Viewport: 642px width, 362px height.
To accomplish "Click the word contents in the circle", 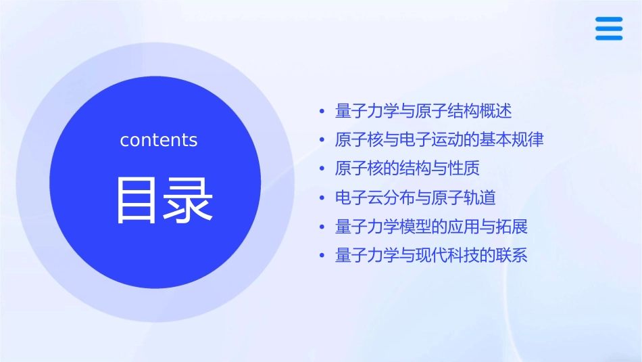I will coord(159,140).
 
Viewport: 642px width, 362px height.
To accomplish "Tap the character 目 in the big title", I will coord(136,200).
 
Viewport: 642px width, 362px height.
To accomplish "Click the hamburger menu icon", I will coord(608,29).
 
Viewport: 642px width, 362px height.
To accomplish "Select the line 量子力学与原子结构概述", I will coord(423,111).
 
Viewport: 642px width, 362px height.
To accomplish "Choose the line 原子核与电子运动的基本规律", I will coord(439,140).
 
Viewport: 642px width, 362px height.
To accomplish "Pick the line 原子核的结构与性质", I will coord(407,168).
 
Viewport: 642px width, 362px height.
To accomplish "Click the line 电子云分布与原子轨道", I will coord(415,198).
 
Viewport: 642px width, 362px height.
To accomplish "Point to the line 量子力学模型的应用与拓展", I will coord(431,227).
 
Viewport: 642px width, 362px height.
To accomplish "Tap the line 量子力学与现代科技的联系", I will coord(431,256).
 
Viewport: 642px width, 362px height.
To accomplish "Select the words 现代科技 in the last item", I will coord(455,256).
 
